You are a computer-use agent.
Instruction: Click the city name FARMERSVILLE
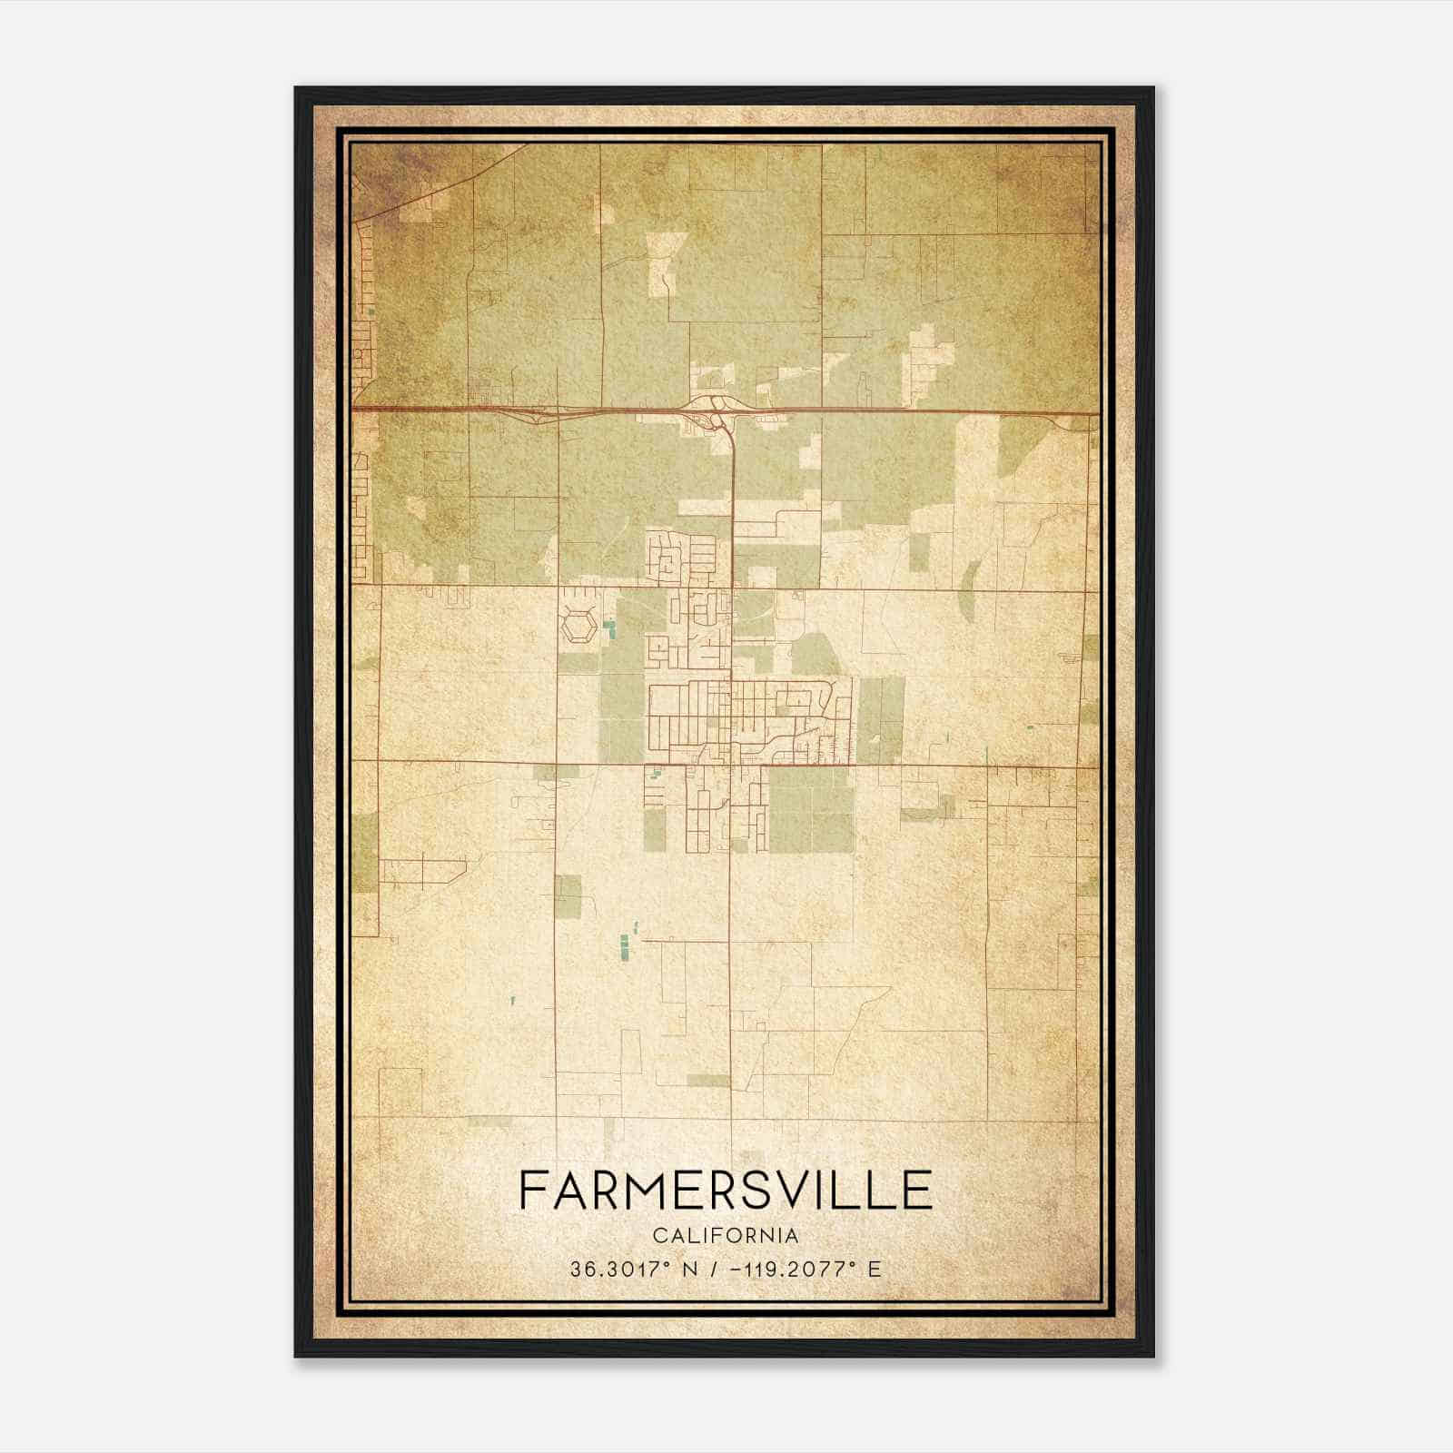(x=726, y=1190)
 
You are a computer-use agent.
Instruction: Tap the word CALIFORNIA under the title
(x=726, y=1235)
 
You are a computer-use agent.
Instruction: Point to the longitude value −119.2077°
(x=789, y=1270)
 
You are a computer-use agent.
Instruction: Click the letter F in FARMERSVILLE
(x=533, y=1190)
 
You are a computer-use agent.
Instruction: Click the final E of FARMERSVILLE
(x=919, y=1190)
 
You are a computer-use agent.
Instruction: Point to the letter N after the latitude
(x=689, y=1270)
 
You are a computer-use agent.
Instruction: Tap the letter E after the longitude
(x=875, y=1270)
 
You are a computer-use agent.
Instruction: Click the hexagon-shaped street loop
(x=578, y=627)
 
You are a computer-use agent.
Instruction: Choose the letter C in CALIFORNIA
(x=658, y=1235)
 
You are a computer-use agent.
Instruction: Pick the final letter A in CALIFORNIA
(x=793, y=1235)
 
